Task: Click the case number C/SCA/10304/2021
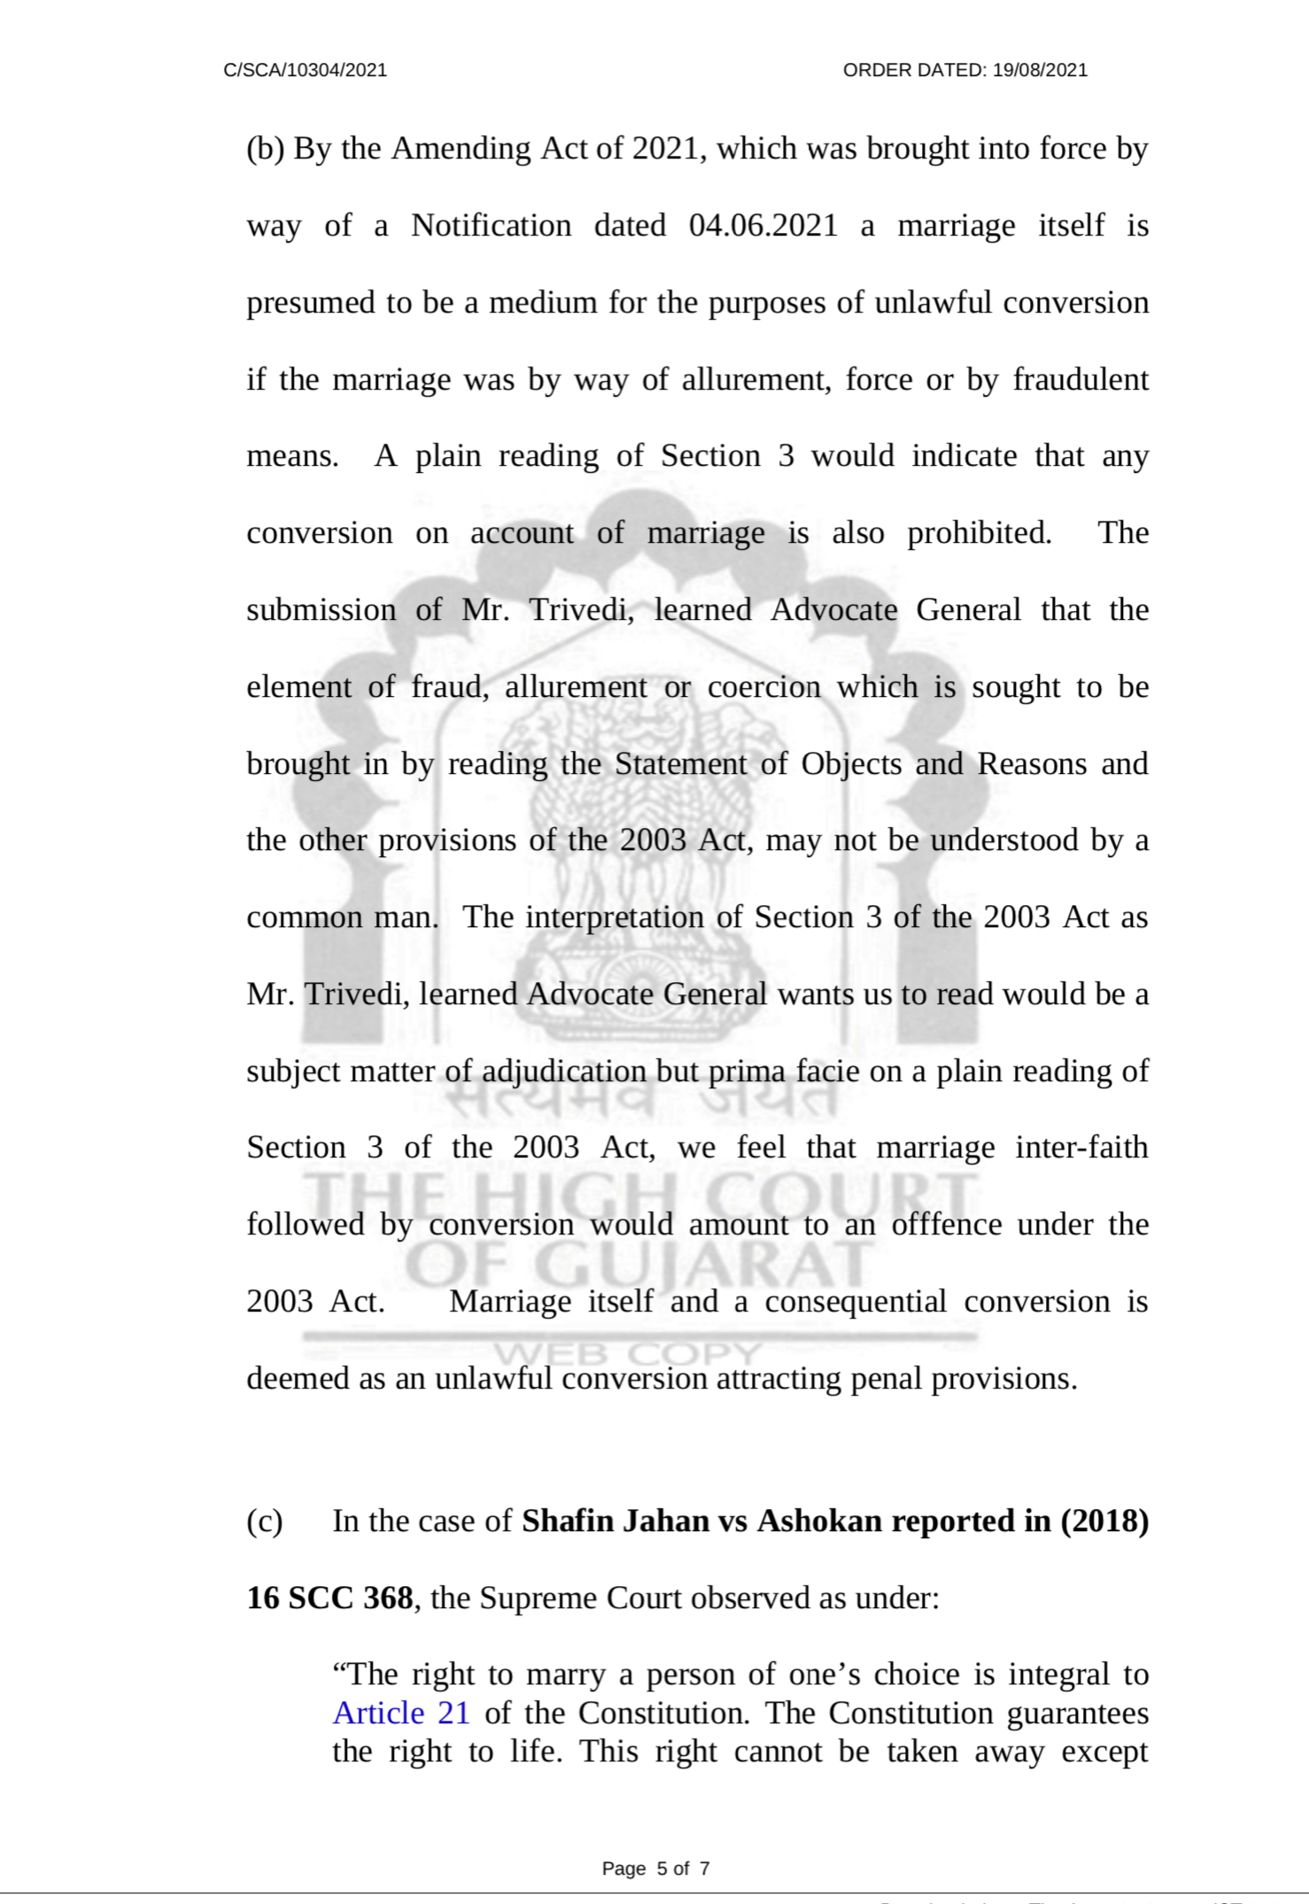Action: coord(306,71)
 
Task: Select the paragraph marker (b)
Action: coord(265,149)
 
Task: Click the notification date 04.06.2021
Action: coord(763,226)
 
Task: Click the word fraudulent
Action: coord(1081,380)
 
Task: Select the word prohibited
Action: coord(980,533)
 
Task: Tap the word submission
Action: coord(321,610)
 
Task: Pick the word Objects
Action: coord(851,763)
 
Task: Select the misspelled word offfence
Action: coord(946,1225)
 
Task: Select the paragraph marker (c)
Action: coord(264,1521)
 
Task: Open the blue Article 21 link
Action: coord(401,1713)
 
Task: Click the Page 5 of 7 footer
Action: coord(655,1869)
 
